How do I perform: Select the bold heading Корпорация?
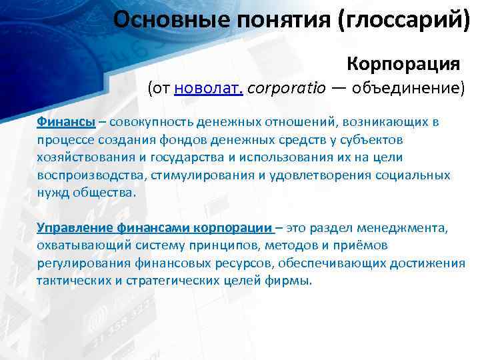(403, 65)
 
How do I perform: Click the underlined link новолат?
(208, 89)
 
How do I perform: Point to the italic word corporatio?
(283, 89)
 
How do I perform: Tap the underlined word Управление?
(75, 228)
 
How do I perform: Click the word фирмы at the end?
(291, 280)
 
